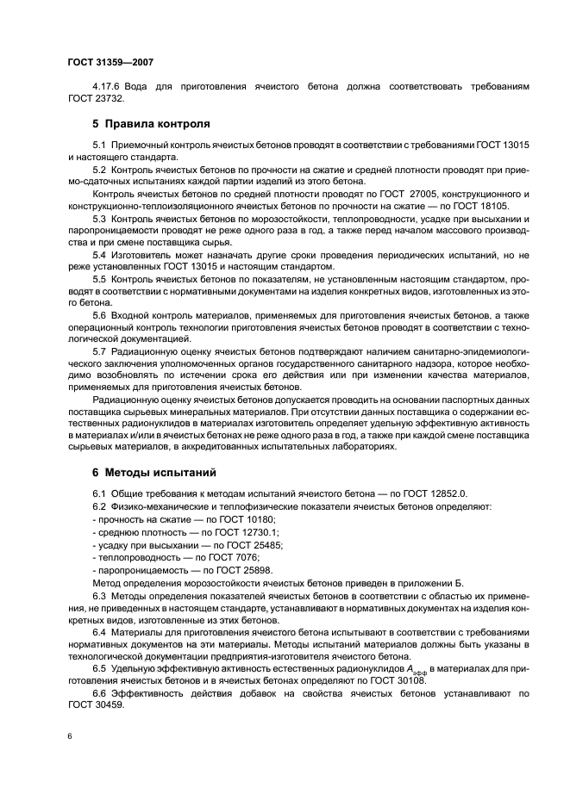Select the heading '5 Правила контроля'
pos(151,124)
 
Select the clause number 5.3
pos(98,220)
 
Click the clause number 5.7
pos(98,352)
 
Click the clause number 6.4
pos(98,633)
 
